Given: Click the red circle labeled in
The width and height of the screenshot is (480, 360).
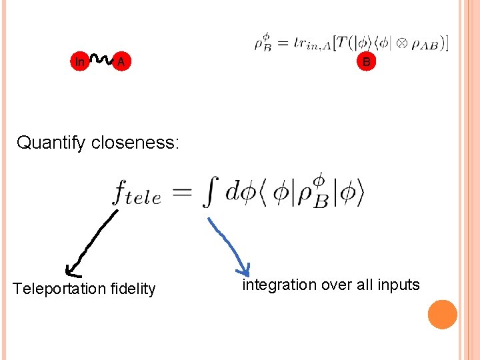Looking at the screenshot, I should (80, 62).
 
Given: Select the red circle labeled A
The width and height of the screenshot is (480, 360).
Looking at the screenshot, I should (120, 62).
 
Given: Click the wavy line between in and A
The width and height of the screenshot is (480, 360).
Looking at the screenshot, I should (100, 59).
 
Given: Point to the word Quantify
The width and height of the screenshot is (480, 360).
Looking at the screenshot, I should (50, 143).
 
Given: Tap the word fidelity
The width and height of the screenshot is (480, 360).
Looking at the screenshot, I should (133, 289).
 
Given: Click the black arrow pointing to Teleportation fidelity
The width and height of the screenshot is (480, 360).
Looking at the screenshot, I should (92, 243).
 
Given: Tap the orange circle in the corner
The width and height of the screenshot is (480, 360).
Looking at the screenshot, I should (443, 315).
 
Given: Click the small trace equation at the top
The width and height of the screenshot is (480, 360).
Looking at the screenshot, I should (351, 43).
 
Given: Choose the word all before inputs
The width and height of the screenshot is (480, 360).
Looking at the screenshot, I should (363, 285).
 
